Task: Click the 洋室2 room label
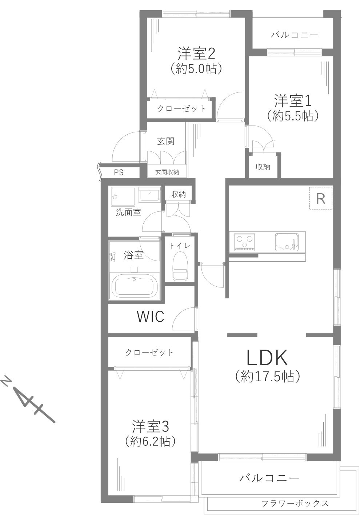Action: pos(196,54)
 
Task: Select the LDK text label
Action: pos(267,358)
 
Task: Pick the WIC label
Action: pos(150,317)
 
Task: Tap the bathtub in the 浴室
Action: pos(135,286)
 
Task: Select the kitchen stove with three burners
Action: pos(244,241)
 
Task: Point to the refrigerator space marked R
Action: pos(320,199)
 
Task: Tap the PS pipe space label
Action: pos(119,172)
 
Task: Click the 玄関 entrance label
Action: pos(165,141)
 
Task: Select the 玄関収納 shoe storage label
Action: pos(167,172)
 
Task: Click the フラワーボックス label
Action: pos(295,503)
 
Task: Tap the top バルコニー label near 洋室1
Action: pos(295,35)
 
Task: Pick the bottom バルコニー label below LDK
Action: pos(269,477)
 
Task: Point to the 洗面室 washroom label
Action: pos(128,212)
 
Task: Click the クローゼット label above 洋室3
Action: pos(149,352)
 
